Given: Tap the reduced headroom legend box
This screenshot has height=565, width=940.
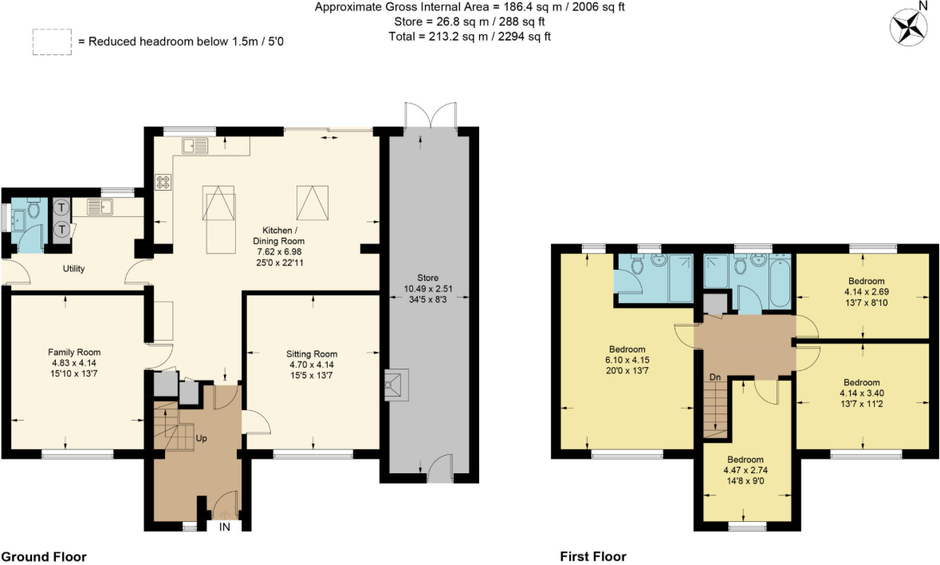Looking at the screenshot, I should [51, 42].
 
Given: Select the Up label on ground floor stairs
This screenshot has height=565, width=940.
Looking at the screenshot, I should [203, 439].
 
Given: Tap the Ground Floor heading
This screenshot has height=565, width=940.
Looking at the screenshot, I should [44, 556].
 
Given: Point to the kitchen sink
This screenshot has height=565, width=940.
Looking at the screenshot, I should [195, 145].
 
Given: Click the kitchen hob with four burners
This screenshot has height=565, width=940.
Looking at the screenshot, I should [163, 183].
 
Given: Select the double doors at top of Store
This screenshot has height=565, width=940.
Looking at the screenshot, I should [431, 116].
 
